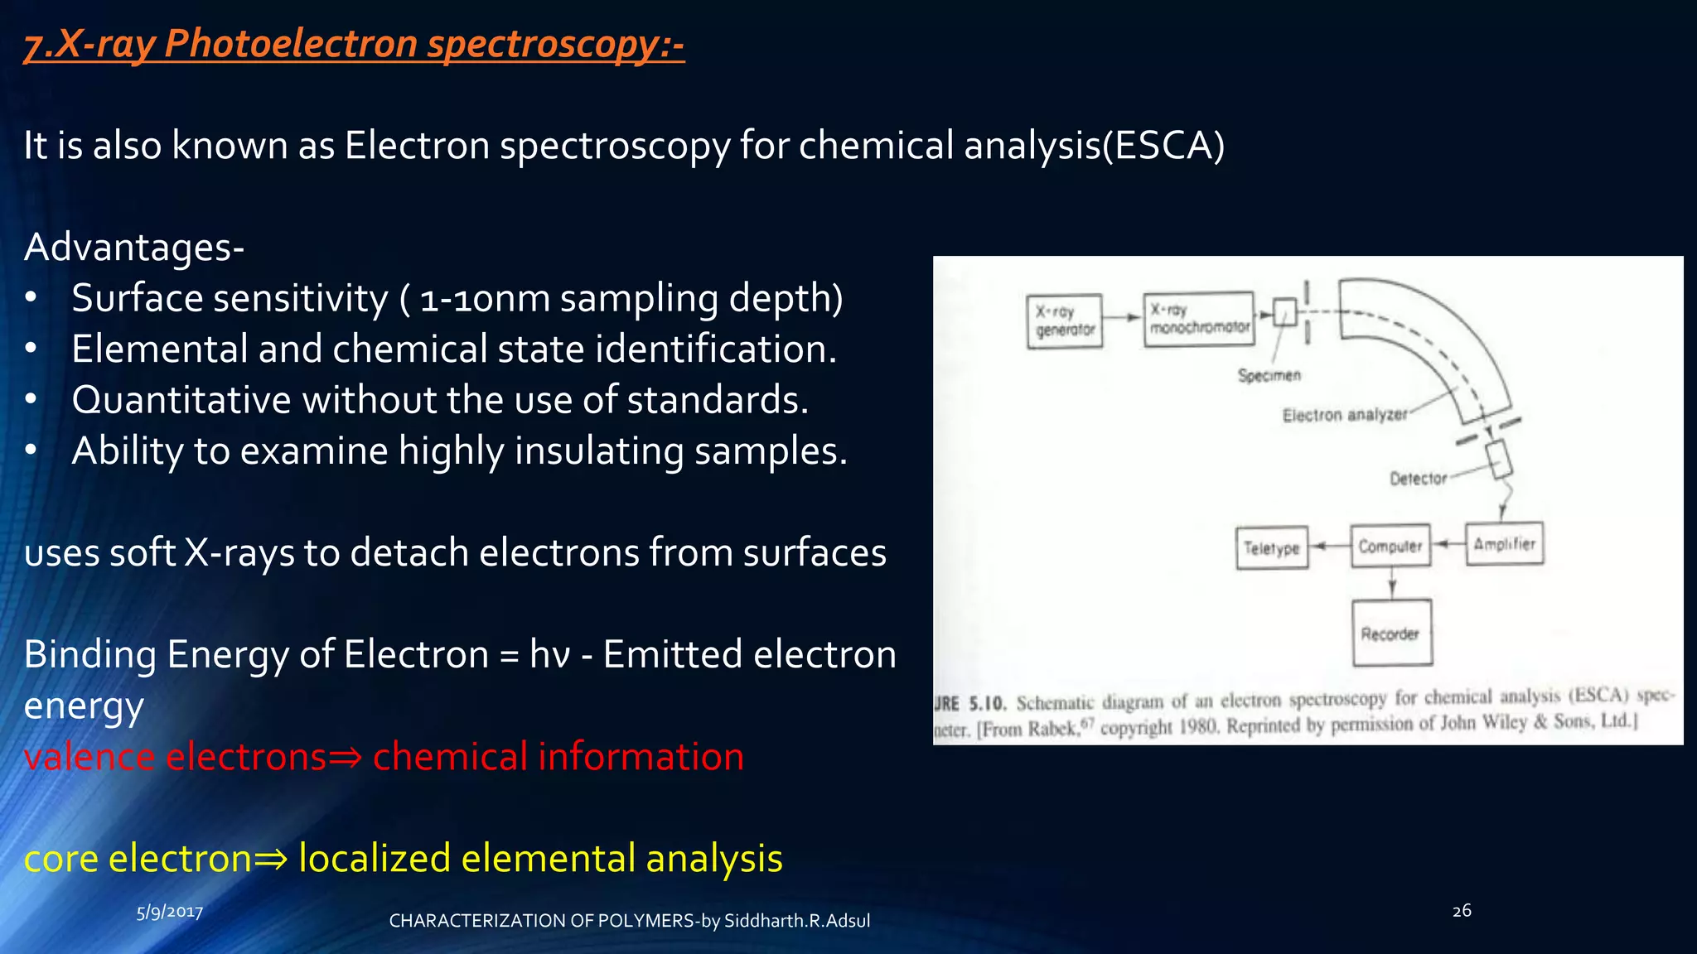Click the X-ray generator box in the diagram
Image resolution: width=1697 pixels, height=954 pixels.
pos(1064,320)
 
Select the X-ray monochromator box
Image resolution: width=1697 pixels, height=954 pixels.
pos(1199,319)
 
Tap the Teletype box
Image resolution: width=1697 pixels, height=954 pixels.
pos(1271,547)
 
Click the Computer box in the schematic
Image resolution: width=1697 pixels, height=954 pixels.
pos(1390,546)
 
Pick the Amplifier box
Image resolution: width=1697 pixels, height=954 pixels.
pos(1504,543)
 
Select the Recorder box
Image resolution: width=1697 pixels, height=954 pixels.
pos(1391,633)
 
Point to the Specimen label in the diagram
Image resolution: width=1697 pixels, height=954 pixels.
pos(1269,375)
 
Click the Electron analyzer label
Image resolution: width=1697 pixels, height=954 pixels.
pos(1344,414)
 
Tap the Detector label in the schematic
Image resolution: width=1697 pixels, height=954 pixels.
pos(1418,478)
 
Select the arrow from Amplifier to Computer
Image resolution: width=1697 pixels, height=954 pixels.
pos(1448,544)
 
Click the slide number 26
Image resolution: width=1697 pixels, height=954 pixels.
pos(1462,910)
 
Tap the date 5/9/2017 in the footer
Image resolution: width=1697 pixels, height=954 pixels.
pos(170,912)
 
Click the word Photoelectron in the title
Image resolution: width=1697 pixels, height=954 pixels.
pos(290,43)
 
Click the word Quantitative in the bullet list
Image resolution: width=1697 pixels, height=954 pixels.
pos(181,400)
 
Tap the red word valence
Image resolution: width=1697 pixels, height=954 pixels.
pos(89,756)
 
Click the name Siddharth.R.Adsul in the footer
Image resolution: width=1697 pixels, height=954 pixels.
pos(796,921)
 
